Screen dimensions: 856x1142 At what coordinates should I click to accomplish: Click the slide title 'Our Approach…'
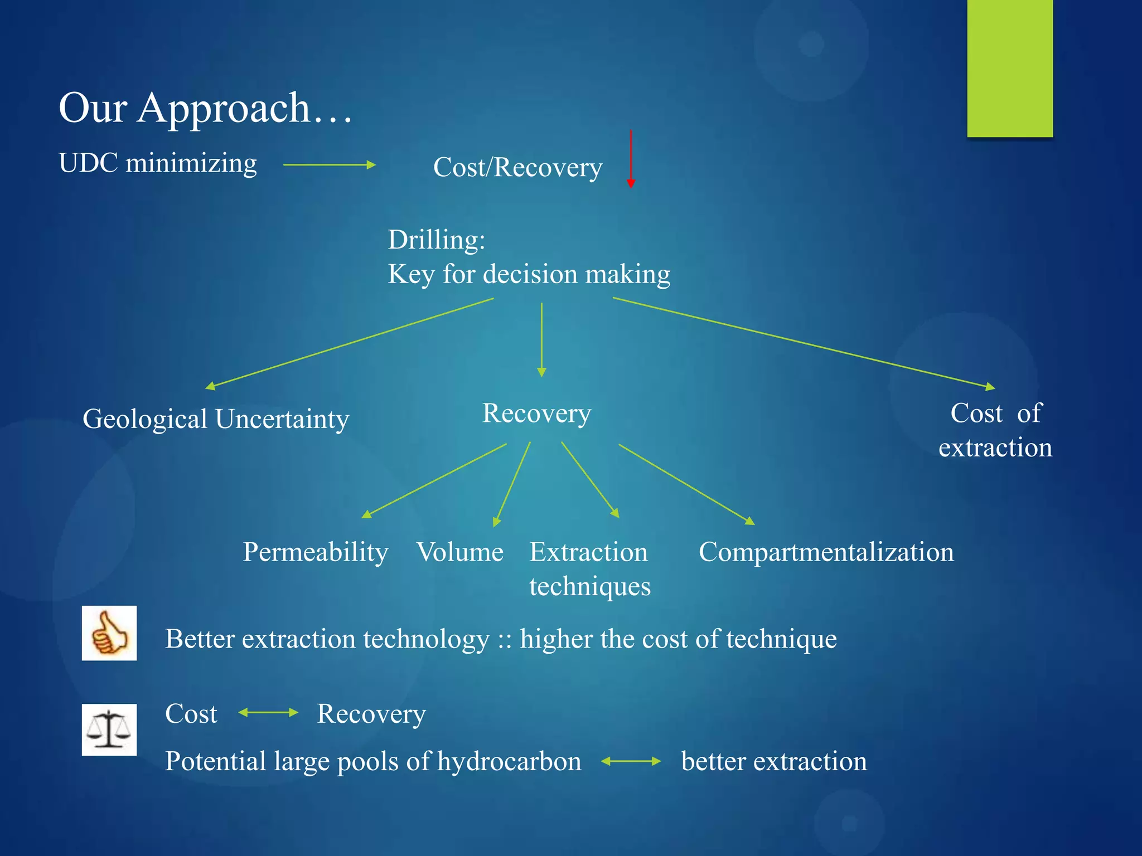[205, 108]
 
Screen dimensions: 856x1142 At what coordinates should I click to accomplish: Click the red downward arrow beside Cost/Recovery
[631, 159]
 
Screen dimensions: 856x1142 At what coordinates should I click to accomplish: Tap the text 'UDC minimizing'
[158, 163]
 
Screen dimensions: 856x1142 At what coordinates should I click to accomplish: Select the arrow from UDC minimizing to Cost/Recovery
[329, 165]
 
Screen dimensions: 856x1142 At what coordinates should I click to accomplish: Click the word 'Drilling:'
[437, 240]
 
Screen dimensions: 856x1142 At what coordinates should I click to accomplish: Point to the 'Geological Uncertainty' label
[216, 419]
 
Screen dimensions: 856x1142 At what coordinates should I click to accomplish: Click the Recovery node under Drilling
[536, 414]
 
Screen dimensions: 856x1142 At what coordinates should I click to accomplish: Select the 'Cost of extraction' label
[995, 430]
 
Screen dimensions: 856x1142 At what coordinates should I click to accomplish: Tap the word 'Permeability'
[316, 552]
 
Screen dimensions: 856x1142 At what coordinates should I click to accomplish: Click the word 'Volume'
[460, 552]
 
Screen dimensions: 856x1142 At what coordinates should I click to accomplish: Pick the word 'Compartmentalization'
[826, 552]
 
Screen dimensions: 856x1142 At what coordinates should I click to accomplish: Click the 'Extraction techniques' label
[589, 569]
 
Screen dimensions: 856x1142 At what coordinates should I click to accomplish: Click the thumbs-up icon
[109, 633]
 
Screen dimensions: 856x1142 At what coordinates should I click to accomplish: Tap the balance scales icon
[109, 729]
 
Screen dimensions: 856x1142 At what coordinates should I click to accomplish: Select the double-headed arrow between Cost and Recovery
[268, 713]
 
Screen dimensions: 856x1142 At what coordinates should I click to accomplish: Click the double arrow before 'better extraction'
[631, 761]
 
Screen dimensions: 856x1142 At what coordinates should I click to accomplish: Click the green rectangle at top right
[1010, 68]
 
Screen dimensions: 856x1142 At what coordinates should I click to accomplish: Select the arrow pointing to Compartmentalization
[687, 484]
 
